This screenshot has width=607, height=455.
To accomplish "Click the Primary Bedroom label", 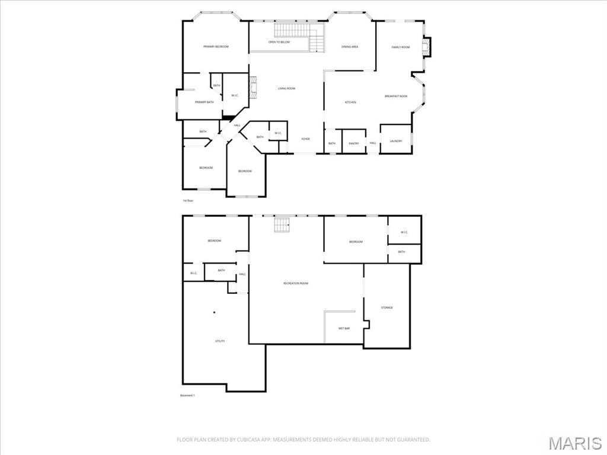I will coord(216,47).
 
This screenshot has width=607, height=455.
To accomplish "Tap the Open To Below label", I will coord(279,42).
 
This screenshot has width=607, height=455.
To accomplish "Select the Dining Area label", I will coord(350,47).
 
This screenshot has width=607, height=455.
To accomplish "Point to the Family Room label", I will coord(401,47).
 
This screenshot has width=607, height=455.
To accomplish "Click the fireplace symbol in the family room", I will coord(425,48).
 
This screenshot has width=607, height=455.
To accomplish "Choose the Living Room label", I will coord(286,89).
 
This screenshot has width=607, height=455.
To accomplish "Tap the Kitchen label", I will coord(350,102).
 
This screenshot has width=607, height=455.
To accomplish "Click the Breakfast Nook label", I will coord(396,96).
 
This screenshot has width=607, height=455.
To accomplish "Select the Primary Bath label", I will coord(204,102).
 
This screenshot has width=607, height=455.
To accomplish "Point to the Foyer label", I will coord(305,139).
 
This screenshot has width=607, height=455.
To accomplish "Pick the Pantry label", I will coord(354,143).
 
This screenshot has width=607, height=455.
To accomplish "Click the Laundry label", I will coord(395,141).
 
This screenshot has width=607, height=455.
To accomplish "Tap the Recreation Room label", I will coord(296,284).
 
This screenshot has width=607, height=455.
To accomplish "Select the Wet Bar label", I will coord(344,328).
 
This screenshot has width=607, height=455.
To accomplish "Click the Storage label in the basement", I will coord(386,307).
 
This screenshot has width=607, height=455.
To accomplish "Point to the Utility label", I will coord(219,341).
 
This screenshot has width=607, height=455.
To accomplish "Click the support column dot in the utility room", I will coord(215,312).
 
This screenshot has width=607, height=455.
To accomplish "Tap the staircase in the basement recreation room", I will coord(282,225).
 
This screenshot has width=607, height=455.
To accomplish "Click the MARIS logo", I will coord(574,443).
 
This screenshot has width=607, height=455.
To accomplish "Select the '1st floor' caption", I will coord(188,201).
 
